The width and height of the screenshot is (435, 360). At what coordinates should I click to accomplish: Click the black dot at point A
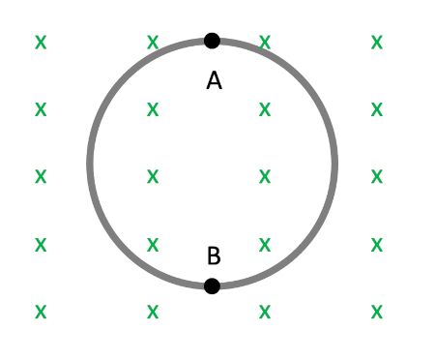[x=212, y=41]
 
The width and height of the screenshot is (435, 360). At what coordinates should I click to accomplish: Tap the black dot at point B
[x=212, y=285]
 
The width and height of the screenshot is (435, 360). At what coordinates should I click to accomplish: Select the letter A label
[x=214, y=81]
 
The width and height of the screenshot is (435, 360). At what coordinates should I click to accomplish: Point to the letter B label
[x=214, y=256]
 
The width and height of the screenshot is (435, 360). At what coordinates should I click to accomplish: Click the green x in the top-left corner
[x=41, y=43]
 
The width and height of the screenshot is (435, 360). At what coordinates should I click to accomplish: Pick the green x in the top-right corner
[x=377, y=43]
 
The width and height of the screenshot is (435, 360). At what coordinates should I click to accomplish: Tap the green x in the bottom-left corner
[x=41, y=312]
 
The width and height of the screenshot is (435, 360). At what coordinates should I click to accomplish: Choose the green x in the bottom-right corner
[x=377, y=312]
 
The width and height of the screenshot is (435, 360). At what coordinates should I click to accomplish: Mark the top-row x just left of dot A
[x=153, y=43]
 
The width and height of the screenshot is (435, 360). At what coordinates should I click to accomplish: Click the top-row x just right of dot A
[x=265, y=43]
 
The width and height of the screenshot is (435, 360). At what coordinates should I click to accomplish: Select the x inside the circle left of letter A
[x=153, y=109]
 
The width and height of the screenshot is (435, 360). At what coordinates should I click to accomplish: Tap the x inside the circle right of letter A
[x=265, y=109]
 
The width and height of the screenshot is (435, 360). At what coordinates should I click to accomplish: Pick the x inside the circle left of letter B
[x=153, y=244]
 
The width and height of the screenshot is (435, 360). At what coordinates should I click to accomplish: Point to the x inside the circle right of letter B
[x=265, y=244]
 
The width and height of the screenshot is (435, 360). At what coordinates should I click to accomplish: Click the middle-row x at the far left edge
[x=41, y=177]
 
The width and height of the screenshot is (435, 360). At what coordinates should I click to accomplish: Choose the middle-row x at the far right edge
[x=377, y=177]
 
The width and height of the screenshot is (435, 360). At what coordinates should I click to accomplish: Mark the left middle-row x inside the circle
[x=153, y=177]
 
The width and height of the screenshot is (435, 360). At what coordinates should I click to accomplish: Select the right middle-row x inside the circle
[x=265, y=177]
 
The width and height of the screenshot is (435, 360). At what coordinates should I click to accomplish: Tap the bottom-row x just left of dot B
[x=153, y=312]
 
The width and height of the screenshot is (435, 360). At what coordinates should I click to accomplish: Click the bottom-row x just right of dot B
[x=265, y=312]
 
